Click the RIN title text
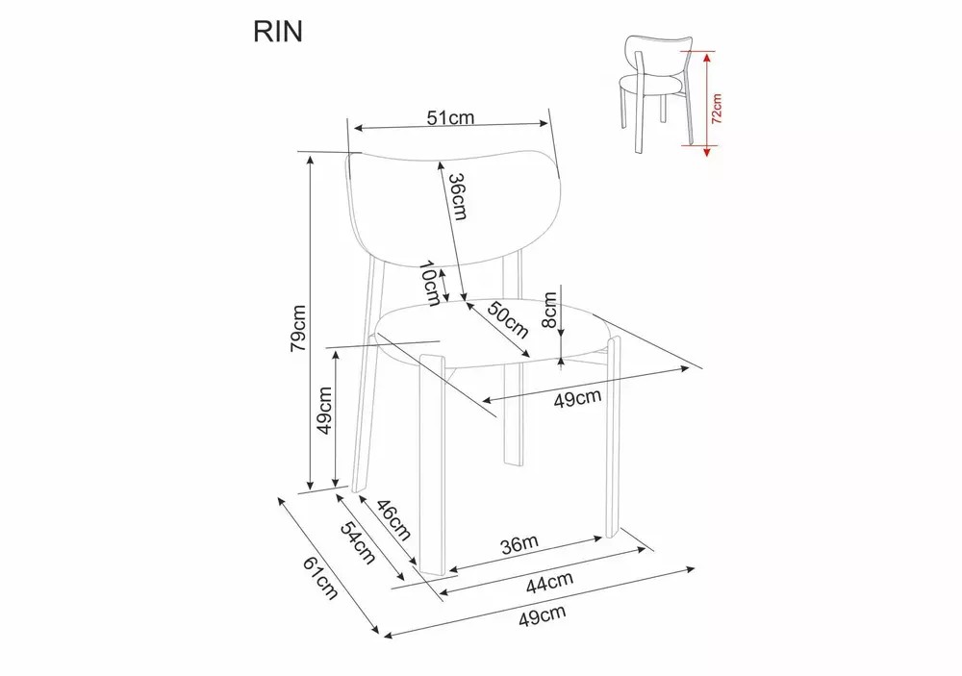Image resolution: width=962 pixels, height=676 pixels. (x=277, y=33)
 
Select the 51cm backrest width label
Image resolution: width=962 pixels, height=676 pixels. (x=450, y=118)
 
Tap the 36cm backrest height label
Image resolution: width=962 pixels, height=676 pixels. (x=459, y=197)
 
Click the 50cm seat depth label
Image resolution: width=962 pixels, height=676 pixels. (x=508, y=319)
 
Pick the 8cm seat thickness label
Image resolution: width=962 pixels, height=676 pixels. (x=549, y=309)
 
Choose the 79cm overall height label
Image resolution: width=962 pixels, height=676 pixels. (x=299, y=328)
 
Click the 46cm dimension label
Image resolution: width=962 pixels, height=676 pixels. (x=392, y=520)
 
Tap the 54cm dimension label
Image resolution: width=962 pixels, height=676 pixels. (x=355, y=543)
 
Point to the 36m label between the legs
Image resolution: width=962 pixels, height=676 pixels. (x=519, y=544)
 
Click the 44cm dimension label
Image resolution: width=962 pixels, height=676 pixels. (x=549, y=580)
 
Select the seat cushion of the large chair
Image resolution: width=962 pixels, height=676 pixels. (x=491, y=332)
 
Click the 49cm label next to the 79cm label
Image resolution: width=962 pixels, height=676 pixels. (x=326, y=411)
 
